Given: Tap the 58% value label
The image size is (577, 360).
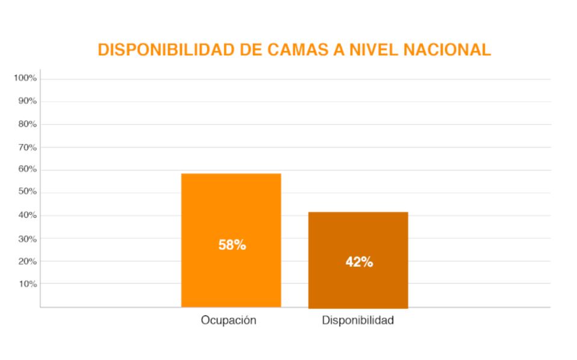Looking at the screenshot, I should click(232, 245).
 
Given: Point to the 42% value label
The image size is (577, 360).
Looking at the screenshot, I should click(359, 262).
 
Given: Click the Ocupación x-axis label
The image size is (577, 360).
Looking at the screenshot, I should click(228, 320).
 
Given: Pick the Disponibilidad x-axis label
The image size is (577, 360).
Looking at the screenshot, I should click(358, 320).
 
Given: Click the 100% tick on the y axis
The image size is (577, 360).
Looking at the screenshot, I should click(25, 78).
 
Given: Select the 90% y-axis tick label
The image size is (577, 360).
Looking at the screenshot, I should click(27, 101).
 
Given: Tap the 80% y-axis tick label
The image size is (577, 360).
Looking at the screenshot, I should click(27, 124).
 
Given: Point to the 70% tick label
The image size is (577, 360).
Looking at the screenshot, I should click(27, 147).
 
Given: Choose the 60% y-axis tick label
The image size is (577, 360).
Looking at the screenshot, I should click(27, 169).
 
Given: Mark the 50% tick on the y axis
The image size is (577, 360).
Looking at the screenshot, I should click(27, 192).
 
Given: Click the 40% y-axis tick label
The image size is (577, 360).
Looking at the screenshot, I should click(27, 215).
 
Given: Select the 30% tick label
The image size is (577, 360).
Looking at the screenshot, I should click(27, 238).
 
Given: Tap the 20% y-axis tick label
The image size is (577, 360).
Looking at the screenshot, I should click(27, 261).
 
